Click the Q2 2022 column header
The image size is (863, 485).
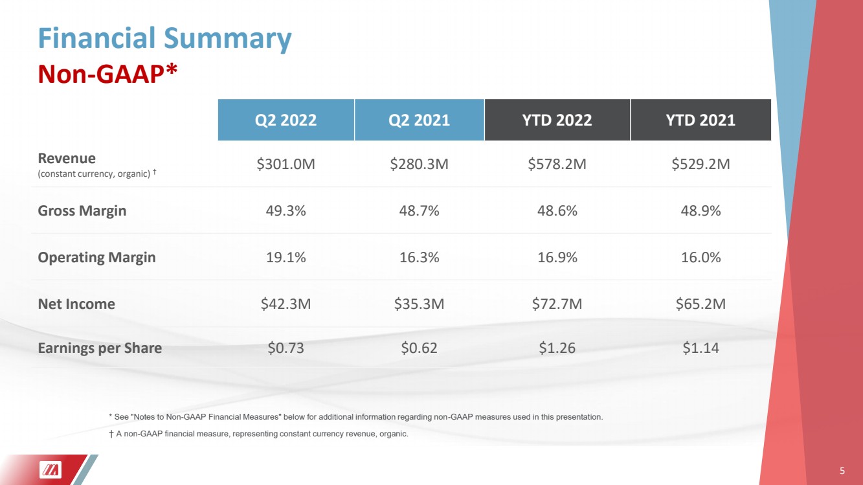pyautogui.click(x=286, y=120)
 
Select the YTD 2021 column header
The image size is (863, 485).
pyautogui.click(x=700, y=120)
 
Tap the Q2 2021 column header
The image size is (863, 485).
pyautogui.click(x=419, y=120)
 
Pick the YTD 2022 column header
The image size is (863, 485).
pyautogui.click(x=557, y=120)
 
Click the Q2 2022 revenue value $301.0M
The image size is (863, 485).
pyautogui.click(x=286, y=164)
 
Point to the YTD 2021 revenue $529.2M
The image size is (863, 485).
pyautogui.click(x=700, y=164)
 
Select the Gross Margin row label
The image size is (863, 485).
pyautogui.click(x=82, y=211)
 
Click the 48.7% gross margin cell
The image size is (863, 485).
pyautogui.click(x=419, y=210)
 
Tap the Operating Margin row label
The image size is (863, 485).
pyautogui.click(x=96, y=258)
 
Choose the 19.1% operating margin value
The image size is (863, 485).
pyautogui.click(x=286, y=257)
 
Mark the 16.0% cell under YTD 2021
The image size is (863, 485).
pyautogui.click(x=700, y=257)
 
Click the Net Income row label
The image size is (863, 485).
pyautogui.click(x=76, y=304)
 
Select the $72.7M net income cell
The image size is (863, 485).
pyautogui.click(x=557, y=304)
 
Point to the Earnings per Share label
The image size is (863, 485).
pyautogui.click(x=100, y=348)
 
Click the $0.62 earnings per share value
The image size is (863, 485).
pyautogui.click(x=419, y=348)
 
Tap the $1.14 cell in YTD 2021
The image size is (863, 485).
pyautogui.click(x=700, y=348)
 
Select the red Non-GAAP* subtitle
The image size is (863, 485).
pyautogui.click(x=107, y=74)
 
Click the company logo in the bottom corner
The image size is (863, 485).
pyautogui.click(x=50, y=470)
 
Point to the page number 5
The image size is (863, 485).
pyautogui.click(x=842, y=471)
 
